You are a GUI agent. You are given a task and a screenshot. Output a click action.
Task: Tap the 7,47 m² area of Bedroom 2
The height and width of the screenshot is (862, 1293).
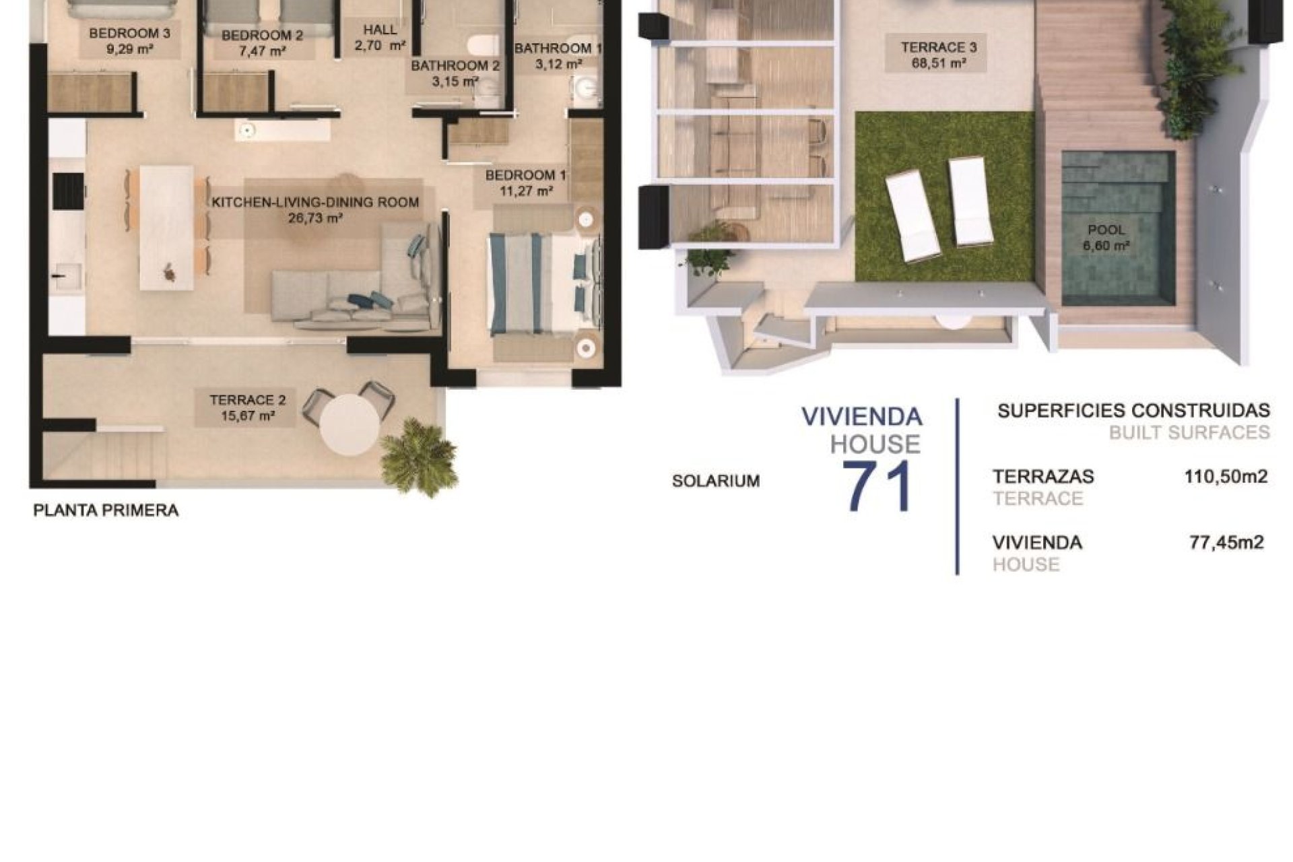[261, 52]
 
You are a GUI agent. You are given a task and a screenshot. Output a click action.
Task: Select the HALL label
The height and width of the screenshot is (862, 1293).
[380, 30]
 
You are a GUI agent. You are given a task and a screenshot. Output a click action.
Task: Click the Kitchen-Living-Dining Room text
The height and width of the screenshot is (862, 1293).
[315, 202]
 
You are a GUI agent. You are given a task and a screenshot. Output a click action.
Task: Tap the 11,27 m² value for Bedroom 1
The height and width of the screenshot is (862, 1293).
[525, 191]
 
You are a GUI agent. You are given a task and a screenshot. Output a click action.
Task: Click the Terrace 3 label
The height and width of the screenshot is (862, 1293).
[939, 47]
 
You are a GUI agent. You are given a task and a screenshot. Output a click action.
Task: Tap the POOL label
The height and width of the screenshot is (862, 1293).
[1106, 230]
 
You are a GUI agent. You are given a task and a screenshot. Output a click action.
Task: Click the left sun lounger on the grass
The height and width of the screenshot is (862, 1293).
[913, 217]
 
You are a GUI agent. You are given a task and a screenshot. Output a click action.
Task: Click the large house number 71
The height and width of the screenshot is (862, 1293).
[878, 486]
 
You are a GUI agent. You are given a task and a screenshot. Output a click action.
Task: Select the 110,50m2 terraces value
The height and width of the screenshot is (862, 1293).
[1226, 477]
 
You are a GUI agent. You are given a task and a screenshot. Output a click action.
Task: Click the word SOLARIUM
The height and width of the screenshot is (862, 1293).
[715, 482]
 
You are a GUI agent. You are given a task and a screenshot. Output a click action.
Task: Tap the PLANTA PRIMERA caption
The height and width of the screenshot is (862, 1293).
[106, 510]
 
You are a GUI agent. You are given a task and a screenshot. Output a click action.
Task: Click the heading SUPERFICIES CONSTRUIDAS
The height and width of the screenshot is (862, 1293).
[1133, 410]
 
